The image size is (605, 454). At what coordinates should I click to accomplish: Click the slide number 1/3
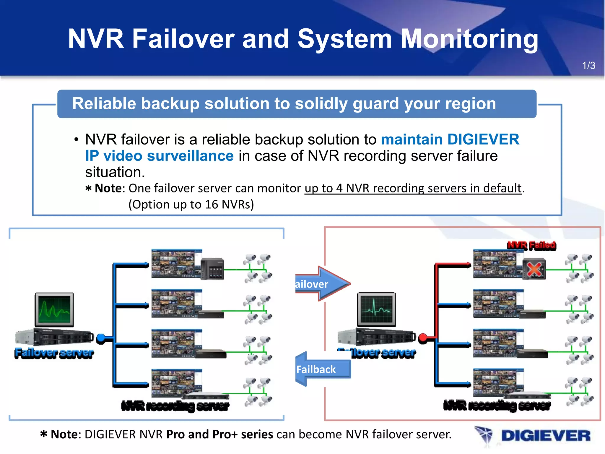click(588, 66)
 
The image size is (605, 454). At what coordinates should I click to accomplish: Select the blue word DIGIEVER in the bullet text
click(483, 139)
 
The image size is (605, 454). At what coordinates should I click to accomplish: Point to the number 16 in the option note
click(212, 205)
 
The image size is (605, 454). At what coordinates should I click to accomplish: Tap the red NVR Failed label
click(531, 245)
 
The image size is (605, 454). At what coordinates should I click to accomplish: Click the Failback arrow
click(321, 369)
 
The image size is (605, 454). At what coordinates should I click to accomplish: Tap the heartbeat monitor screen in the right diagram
click(376, 309)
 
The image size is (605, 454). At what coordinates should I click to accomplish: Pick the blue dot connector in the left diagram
click(101, 338)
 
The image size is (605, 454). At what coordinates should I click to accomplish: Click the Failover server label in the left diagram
click(54, 353)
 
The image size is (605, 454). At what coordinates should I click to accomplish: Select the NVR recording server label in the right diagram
click(497, 406)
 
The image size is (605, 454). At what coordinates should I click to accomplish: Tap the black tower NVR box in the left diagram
click(212, 269)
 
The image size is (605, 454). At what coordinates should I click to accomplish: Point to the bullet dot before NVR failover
click(77, 140)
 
